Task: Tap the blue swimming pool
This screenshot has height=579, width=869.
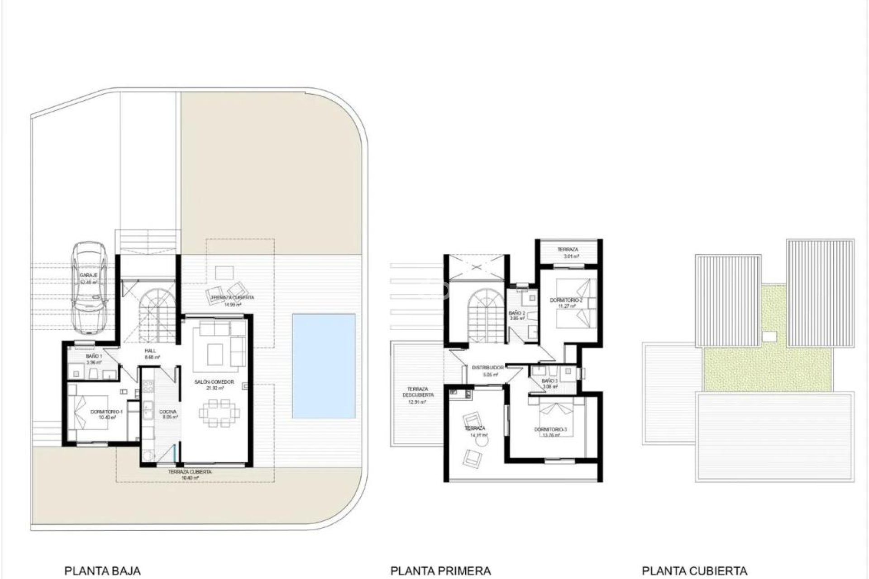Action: coord(324,366)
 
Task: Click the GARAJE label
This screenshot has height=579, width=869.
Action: coord(89,275)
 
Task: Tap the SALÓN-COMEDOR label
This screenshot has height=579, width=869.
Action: coord(214,382)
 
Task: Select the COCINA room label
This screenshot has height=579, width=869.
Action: coord(167,412)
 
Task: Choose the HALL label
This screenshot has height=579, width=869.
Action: coord(150,351)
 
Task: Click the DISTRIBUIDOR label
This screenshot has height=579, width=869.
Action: coord(487,368)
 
